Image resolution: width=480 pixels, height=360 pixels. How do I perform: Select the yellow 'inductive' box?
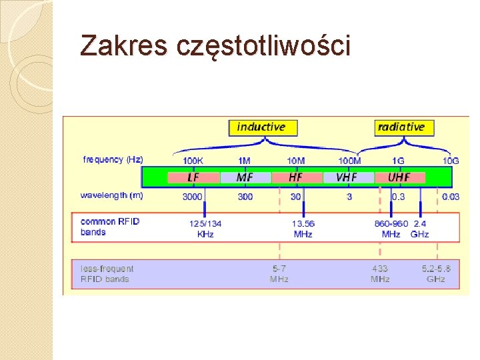tap(262, 127)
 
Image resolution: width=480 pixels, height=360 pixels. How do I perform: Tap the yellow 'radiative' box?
tap(401, 127)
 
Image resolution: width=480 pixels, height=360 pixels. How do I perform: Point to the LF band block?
tap(193, 177)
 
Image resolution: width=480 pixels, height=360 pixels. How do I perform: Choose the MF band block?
tap(245, 177)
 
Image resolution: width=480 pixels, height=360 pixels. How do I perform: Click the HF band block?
tap(296, 177)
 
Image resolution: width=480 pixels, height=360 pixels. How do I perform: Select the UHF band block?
tap(399, 177)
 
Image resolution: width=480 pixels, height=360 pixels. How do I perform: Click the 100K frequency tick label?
tap(193, 161)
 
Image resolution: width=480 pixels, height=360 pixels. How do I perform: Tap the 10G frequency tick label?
tap(451, 161)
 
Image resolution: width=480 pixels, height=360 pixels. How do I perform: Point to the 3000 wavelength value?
tap(193, 197)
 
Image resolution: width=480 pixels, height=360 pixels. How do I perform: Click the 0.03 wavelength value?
tap(451, 197)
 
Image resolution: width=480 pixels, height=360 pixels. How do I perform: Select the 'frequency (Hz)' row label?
tap(113, 160)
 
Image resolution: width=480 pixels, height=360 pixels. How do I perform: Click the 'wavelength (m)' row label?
tap(111, 196)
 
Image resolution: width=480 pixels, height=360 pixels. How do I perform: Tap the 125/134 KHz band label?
tap(205, 229)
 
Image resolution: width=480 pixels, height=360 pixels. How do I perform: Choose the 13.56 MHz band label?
tap(303, 229)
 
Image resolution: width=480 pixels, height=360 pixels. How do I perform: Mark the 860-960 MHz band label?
tap(391, 229)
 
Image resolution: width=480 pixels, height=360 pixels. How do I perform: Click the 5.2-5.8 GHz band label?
tap(436, 273)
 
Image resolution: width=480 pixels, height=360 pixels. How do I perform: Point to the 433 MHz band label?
tap(380, 273)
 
